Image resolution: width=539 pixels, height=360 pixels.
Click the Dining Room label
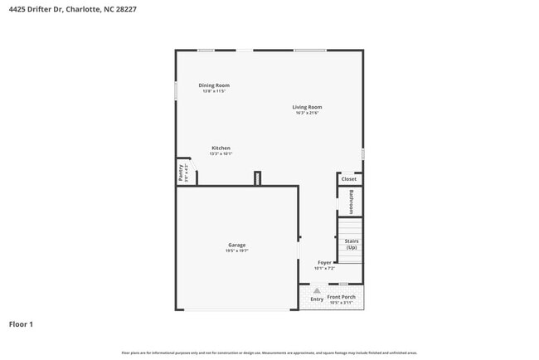pos(214,85)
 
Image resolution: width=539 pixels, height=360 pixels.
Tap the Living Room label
pos(307,107)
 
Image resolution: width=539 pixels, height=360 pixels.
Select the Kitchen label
pos(221,148)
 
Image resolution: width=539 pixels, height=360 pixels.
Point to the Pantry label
pos(181,172)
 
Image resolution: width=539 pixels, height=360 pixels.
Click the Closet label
pos(349,179)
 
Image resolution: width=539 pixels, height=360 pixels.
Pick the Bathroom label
pos(351,202)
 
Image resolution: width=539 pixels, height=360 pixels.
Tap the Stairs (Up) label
pos(352,244)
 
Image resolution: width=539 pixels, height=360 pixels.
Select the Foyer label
pos(324,263)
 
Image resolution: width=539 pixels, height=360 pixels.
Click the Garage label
pos(237,245)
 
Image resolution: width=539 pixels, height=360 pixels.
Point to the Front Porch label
pos(341,297)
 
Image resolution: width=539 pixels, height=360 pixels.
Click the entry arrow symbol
pos(317,291)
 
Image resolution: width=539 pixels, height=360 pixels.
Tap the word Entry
pos(317,299)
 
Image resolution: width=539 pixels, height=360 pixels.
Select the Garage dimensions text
pos(237,251)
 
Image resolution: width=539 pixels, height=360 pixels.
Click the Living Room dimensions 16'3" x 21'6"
pos(307,113)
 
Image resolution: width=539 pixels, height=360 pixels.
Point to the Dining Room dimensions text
pos(214,91)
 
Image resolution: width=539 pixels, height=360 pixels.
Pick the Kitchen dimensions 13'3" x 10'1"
pos(221,154)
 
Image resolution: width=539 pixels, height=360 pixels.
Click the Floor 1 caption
pos(21,324)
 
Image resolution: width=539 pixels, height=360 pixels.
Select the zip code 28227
pos(125,9)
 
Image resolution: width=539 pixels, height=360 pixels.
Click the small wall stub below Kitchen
pos(257,178)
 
